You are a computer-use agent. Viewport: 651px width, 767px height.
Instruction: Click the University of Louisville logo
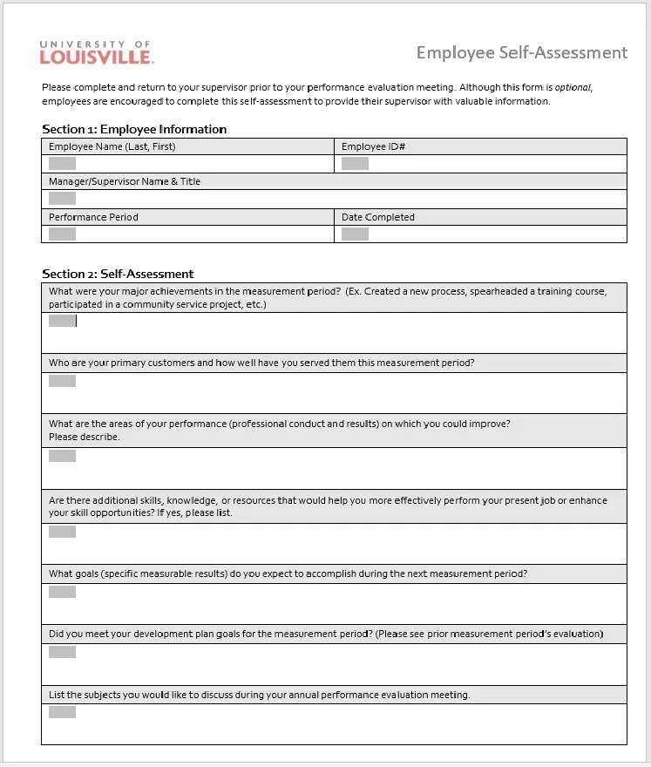point(96,52)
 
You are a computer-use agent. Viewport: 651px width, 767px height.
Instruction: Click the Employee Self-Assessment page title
point(521,52)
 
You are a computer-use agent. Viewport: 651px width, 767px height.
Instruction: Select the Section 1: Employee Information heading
point(134,129)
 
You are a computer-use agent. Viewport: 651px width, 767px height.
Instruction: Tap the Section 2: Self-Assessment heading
point(118,274)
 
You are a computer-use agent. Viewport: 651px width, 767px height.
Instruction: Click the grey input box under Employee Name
point(62,163)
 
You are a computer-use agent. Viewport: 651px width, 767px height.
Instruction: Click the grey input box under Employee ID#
point(355,163)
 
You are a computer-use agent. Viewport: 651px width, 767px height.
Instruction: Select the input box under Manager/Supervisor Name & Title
point(62,199)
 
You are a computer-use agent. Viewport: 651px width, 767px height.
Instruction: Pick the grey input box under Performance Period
point(62,234)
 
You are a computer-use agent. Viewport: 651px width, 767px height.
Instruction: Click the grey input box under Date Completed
point(355,234)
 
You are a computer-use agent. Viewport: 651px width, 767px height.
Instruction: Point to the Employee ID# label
point(373,146)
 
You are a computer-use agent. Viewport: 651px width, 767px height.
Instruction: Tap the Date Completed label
point(377,217)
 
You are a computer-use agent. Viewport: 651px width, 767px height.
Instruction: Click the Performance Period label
point(93,217)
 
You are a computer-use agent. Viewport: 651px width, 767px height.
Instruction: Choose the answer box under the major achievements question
point(62,321)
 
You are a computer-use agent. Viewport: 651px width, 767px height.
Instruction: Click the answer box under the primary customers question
point(62,381)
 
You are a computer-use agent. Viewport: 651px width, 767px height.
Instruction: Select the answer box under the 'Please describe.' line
point(62,456)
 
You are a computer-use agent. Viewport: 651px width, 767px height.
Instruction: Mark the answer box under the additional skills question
point(62,532)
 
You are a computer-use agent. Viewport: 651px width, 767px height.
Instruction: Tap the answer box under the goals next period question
point(62,592)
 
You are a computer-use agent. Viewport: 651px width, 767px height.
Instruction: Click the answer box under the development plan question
point(62,652)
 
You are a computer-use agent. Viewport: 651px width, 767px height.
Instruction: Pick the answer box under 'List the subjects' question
point(62,712)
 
